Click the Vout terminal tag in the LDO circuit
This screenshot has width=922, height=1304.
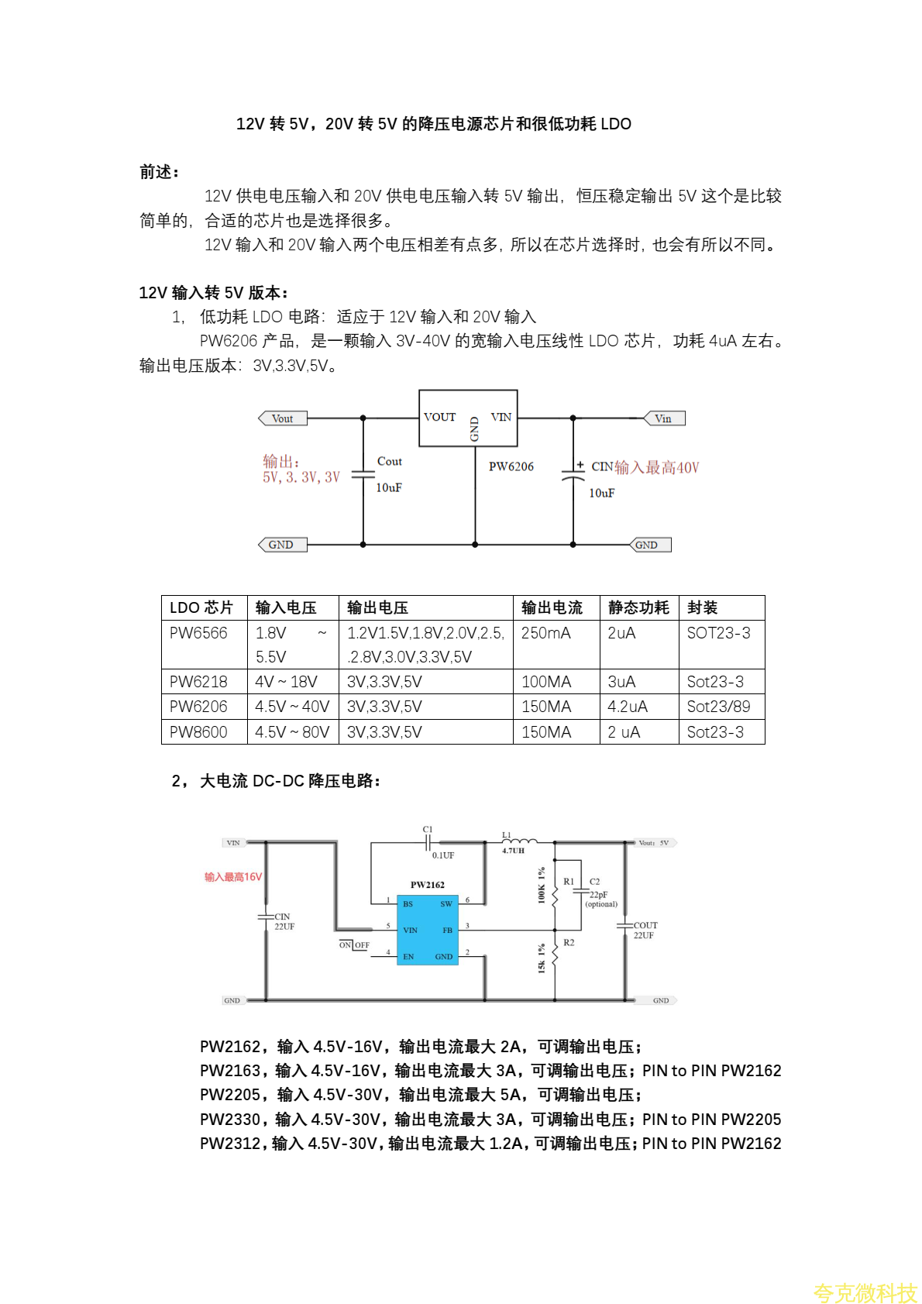point(283,418)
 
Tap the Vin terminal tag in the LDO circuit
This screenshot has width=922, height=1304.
point(664,418)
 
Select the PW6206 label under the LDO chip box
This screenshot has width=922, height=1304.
point(511,466)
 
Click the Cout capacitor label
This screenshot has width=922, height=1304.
point(389,461)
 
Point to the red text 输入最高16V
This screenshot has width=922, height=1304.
point(233,877)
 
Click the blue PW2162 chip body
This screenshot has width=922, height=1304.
point(427,930)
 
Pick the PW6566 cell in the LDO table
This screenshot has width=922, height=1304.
point(199,633)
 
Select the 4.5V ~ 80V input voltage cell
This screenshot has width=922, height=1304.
point(292,732)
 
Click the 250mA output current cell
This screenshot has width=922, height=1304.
point(546,633)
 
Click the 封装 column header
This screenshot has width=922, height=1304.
point(702,607)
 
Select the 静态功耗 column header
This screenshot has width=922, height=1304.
point(638,607)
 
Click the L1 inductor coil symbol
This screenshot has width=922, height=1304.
point(521,841)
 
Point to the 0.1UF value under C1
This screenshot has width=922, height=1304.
point(443,855)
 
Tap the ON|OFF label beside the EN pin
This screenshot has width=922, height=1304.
point(354,945)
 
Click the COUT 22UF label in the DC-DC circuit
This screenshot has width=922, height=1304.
point(645,931)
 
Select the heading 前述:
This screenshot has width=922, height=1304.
point(160,172)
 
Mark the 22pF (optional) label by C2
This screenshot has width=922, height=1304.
point(601,899)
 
